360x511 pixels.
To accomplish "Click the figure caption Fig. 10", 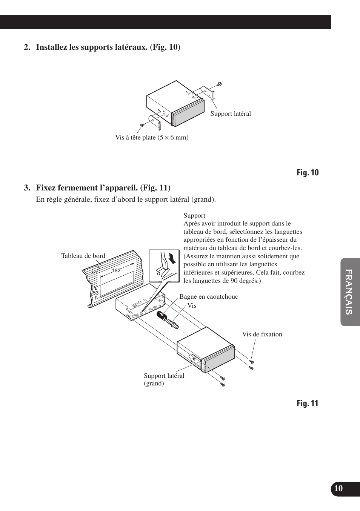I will [x=307, y=173].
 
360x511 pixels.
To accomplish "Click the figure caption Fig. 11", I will [x=307, y=404].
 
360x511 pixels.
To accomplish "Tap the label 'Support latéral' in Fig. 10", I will [x=230, y=114].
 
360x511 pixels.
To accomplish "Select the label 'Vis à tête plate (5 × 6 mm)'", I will [x=152, y=138].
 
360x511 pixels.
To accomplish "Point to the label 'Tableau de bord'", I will [x=83, y=256].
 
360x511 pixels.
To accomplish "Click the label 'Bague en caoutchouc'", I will [x=208, y=297].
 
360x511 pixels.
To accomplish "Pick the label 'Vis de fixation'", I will [x=262, y=334].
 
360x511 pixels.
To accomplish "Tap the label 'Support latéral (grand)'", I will [x=164, y=379].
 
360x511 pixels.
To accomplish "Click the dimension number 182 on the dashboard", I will [x=116, y=271].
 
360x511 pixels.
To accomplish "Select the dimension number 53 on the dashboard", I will [x=95, y=293].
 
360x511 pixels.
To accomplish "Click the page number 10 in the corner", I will [x=338, y=488].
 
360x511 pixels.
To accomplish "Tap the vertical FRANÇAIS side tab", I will [x=349, y=292].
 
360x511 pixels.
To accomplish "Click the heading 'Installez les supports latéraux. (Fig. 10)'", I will [x=108, y=47].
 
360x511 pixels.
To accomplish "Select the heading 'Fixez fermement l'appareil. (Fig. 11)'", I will [x=103, y=188].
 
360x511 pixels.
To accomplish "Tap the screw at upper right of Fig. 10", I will [x=220, y=84].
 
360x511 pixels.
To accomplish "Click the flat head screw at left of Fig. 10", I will [x=142, y=125].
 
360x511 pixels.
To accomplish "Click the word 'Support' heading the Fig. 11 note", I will [x=194, y=216].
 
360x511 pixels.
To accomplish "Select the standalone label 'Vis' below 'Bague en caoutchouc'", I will [x=192, y=306].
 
